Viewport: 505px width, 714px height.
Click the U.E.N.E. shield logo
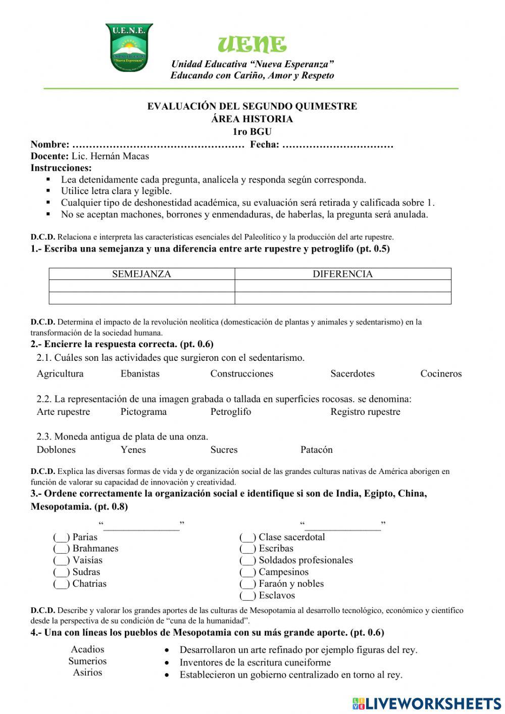click(x=129, y=47)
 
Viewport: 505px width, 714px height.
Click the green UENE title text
click(x=252, y=45)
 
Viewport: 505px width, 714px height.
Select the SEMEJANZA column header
click(x=141, y=274)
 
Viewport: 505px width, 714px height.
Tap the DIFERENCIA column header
click(x=342, y=274)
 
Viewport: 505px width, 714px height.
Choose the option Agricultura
click(x=60, y=374)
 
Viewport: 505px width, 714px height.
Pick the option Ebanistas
click(x=140, y=374)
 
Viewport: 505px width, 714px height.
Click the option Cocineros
click(x=441, y=374)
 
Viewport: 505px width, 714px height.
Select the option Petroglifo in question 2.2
click(x=231, y=412)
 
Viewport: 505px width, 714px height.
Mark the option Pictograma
click(x=143, y=412)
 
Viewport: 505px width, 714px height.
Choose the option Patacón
click(x=317, y=450)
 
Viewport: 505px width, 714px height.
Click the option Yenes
click(x=133, y=450)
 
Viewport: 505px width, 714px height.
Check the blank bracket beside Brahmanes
click(x=62, y=549)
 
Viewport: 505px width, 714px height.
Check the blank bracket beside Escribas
click(x=248, y=549)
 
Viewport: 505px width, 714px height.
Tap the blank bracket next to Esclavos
click(x=248, y=596)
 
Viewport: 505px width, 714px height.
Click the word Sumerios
click(x=88, y=661)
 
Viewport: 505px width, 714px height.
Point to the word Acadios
click(x=88, y=649)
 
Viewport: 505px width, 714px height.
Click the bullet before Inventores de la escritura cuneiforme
click(x=167, y=662)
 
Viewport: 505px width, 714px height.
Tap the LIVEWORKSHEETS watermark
click(x=427, y=703)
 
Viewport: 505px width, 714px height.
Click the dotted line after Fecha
click(x=338, y=146)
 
